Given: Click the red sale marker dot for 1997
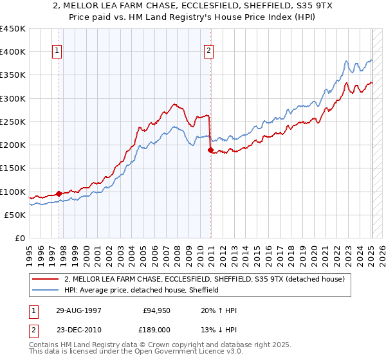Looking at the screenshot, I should (59, 193).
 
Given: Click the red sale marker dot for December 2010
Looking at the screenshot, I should (210, 150).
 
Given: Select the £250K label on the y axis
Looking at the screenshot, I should (13, 122).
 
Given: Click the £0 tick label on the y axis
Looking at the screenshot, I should (20, 238).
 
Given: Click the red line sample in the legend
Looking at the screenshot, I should (46, 279).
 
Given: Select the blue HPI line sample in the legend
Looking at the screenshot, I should (46, 290).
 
